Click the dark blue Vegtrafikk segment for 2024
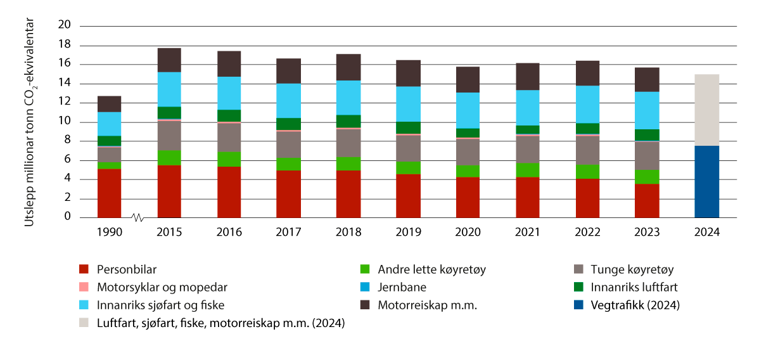(x=706, y=182)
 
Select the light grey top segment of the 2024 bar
(x=706, y=110)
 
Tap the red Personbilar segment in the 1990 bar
(x=109, y=193)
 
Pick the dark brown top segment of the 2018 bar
(x=348, y=67)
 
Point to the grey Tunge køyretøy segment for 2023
(x=647, y=155)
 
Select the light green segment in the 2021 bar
(x=528, y=170)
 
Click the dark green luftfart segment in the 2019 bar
(x=408, y=127)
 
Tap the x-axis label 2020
(x=468, y=233)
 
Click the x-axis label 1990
(x=109, y=233)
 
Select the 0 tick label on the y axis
(x=68, y=218)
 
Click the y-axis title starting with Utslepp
(x=29, y=121)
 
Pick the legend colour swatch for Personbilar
(x=84, y=269)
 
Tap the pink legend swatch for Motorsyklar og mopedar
(x=84, y=287)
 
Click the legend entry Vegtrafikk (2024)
(x=641, y=305)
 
